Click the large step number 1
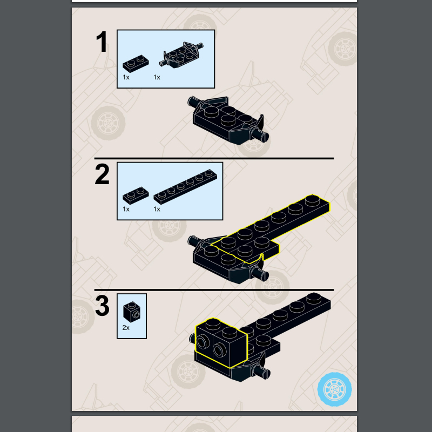(102, 42)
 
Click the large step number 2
(102, 174)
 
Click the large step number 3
(102, 306)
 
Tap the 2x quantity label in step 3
(126, 328)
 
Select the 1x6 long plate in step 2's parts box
(185, 186)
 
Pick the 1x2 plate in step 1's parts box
(136, 63)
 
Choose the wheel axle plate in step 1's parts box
(181, 55)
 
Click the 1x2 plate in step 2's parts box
(136, 195)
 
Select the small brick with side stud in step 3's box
(132, 312)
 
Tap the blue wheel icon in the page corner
(334, 389)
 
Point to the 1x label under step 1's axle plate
(157, 77)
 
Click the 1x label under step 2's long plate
(157, 209)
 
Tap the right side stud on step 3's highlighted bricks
(220, 350)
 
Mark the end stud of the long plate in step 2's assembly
(313, 200)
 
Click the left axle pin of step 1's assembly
(194, 102)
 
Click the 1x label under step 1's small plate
(126, 77)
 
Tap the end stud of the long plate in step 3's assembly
(314, 298)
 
